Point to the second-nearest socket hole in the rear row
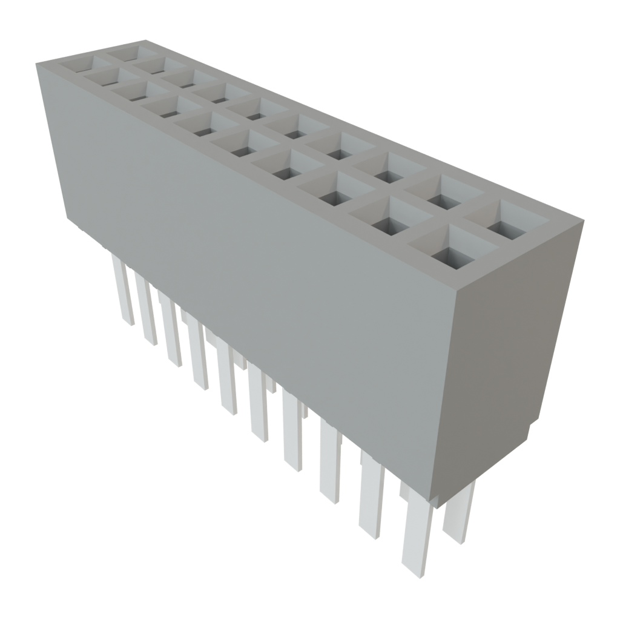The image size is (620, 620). pos(445,198)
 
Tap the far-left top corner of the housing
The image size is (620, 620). pos(36,62)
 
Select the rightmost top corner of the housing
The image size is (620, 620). pos(584,221)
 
